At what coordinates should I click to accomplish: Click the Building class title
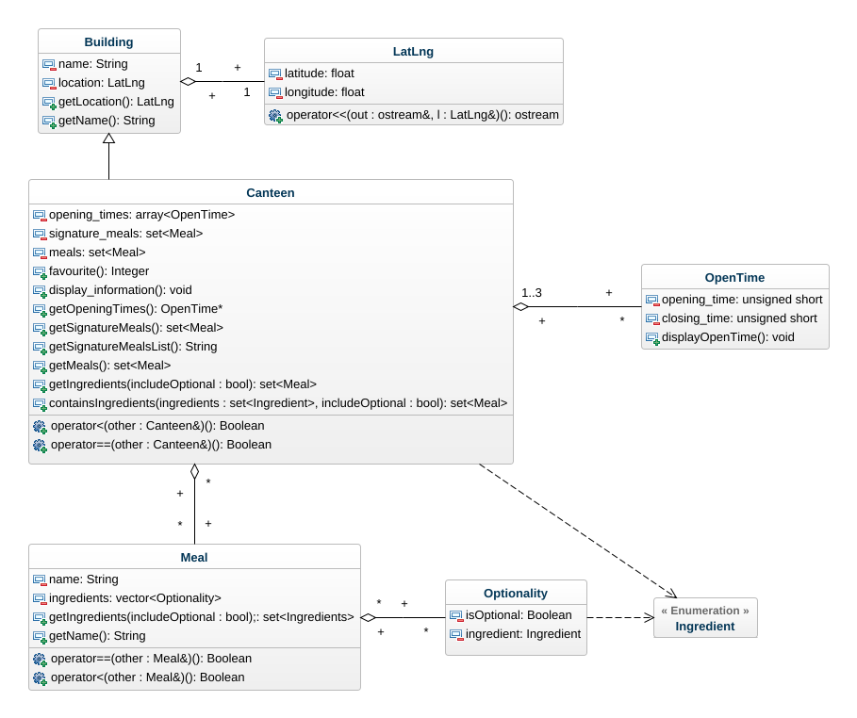click(x=108, y=41)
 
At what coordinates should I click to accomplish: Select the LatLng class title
click(x=413, y=51)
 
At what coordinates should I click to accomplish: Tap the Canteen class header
click(x=271, y=192)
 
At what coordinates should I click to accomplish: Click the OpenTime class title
click(x=734, y=277)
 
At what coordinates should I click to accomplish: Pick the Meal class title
click(x=194, y=557)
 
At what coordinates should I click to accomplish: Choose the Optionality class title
click(x=515, y=593)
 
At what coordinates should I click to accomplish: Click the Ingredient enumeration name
click(x=705, y=626)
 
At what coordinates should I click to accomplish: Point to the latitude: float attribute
click(x=320, y=73)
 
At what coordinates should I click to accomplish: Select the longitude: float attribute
click(x=324, y=92)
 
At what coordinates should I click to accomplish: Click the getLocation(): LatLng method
click(x=116, y=102)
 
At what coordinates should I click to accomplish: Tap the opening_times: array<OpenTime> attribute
click(x=141, y=215)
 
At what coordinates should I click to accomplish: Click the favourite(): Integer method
click(x=99, y=271)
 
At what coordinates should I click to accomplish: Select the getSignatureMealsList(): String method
click(x=133, y=347)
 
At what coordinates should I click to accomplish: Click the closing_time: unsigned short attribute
click(x=739, y=318)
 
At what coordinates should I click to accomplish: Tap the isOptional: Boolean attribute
click(x=519, y=615)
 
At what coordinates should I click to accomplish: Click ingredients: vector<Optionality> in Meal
click(x=135, y=598)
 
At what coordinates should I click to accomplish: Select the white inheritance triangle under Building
click(x=108, y=139)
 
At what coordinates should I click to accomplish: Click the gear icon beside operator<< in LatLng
click(x=275, y=115)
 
